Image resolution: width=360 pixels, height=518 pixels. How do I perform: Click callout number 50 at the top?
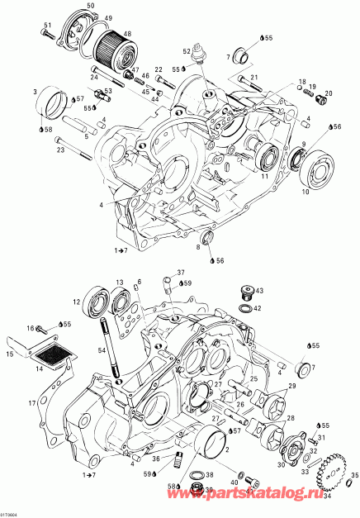(x=90, y=7)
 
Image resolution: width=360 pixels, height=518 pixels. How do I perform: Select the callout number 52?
(x=189, y=50)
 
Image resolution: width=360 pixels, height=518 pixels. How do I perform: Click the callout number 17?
(x=32, y=403)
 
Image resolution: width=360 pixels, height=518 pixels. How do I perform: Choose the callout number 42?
(x=258, y=308)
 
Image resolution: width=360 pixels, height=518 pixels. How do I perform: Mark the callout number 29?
(x=291, y=387)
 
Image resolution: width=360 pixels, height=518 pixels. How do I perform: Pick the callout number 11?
(x=265, y=176)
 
